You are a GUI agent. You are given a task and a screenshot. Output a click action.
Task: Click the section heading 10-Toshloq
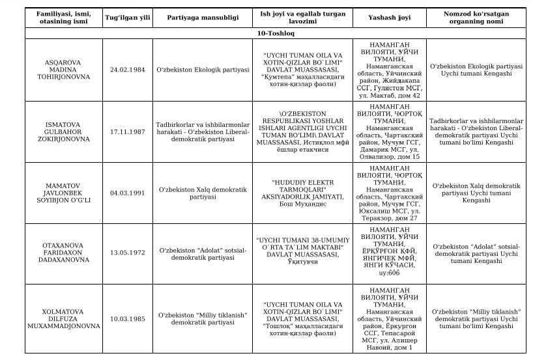pyautogui.click(x=266, y=31)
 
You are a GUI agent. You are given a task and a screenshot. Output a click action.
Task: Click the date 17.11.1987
pyautogui.click(x=128, y=131)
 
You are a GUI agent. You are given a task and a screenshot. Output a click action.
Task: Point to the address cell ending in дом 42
pyautogui.click(x=388, y=69)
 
